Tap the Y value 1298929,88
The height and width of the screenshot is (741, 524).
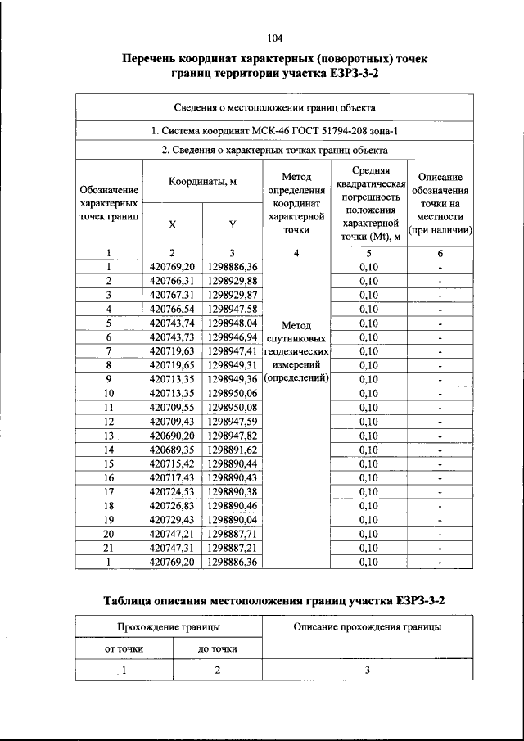click(x=233, y=281)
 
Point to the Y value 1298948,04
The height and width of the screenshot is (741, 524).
click(x=233, y=323)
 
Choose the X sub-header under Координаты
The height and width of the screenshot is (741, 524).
click(x=172, y=224)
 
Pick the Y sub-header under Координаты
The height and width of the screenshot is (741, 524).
click(x=233, y=224)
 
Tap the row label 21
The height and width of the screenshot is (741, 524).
click(x=109, y=548)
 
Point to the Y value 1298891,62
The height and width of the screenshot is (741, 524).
click(x=233, y=450)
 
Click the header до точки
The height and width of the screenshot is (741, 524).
click(x=218, y=648)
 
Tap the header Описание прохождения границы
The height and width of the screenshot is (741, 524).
click(x=368, y=627)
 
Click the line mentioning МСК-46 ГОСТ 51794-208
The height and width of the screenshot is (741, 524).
click(x=274, y=130)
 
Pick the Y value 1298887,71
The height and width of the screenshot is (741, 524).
click(x=233, y=534)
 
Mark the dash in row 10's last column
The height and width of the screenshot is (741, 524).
click(x=440, y=394)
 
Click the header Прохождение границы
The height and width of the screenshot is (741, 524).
click(x=169, y=627)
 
